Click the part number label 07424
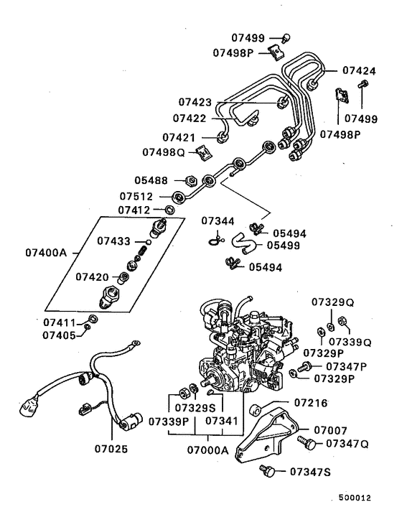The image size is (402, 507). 358,71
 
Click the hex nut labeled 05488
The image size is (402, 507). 192,180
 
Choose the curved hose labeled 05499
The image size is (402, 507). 248,248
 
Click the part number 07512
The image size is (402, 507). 136,195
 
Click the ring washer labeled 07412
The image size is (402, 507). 170,210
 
